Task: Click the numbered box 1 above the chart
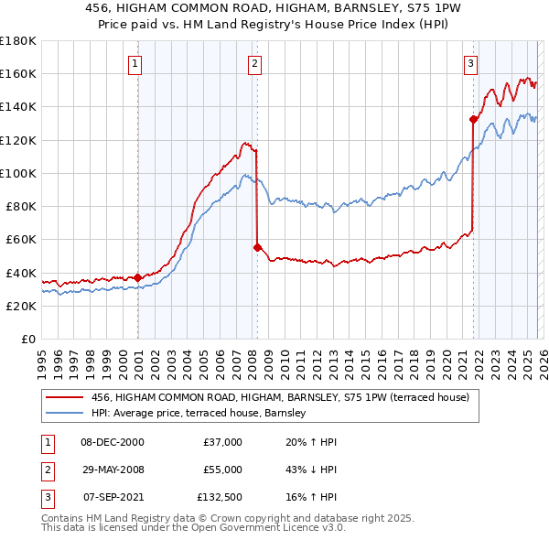(135, 63)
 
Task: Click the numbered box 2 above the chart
(253, 63)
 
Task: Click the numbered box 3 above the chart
(470, 63)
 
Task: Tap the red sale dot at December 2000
(137, 277)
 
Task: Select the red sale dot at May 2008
(257, 247)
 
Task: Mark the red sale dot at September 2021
(473, 118)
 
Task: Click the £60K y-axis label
(21, 240)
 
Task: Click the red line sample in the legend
(65, 397)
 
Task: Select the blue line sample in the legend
(65, 414)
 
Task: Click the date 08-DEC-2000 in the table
(113, 442)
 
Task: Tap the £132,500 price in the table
(219, 497)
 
